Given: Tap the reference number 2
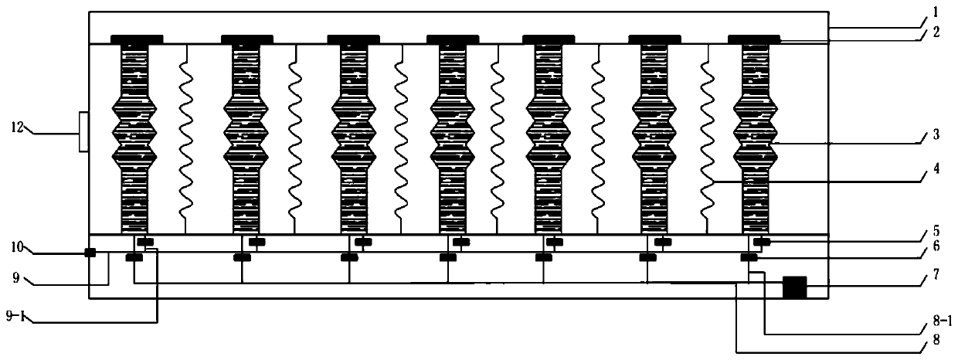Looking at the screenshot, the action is point(936,33).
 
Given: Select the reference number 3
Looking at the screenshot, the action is point(936,134).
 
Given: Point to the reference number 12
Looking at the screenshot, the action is point(16,126).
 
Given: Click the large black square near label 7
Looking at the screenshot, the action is point(794,287).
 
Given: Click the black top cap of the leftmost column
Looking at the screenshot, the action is point(137,38).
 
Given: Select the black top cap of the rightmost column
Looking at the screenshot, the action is point(754,38).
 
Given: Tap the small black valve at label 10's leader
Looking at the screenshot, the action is point(90,253).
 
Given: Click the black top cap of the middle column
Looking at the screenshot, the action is point(452,38).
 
